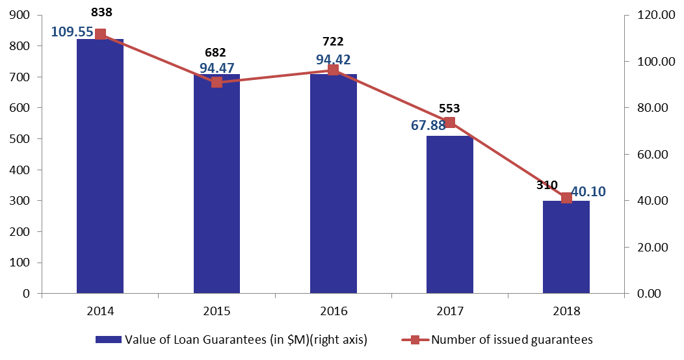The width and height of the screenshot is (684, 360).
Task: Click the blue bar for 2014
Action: click(100, 166)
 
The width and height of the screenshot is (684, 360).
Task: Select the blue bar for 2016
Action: click(334, 183)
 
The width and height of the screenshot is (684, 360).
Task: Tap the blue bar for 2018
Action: click(566, 247)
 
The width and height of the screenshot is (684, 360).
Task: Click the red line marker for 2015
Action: click(217, 83)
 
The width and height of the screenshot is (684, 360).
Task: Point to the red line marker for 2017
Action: click(450, 122)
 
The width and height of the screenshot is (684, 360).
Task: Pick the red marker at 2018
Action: click(566, 198)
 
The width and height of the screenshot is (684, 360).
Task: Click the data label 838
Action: click(101, 12)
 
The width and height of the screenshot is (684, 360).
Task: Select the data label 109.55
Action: click(72, 32)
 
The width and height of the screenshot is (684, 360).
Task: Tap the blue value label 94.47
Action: click(217, 68)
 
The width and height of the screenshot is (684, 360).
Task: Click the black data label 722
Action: click(334, 42)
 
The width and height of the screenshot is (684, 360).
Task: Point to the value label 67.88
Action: click(428, 125)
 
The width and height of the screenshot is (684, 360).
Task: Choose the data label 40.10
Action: click(588, 192)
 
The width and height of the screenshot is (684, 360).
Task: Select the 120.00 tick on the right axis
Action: click(656, 15)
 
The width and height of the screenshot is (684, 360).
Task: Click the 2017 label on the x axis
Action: click(450, 311)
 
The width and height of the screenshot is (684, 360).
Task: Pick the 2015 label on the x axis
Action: click(217, 311)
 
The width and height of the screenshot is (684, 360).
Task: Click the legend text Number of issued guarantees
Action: click(512, 339)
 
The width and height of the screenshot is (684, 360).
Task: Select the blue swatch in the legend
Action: click(109, 339)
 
